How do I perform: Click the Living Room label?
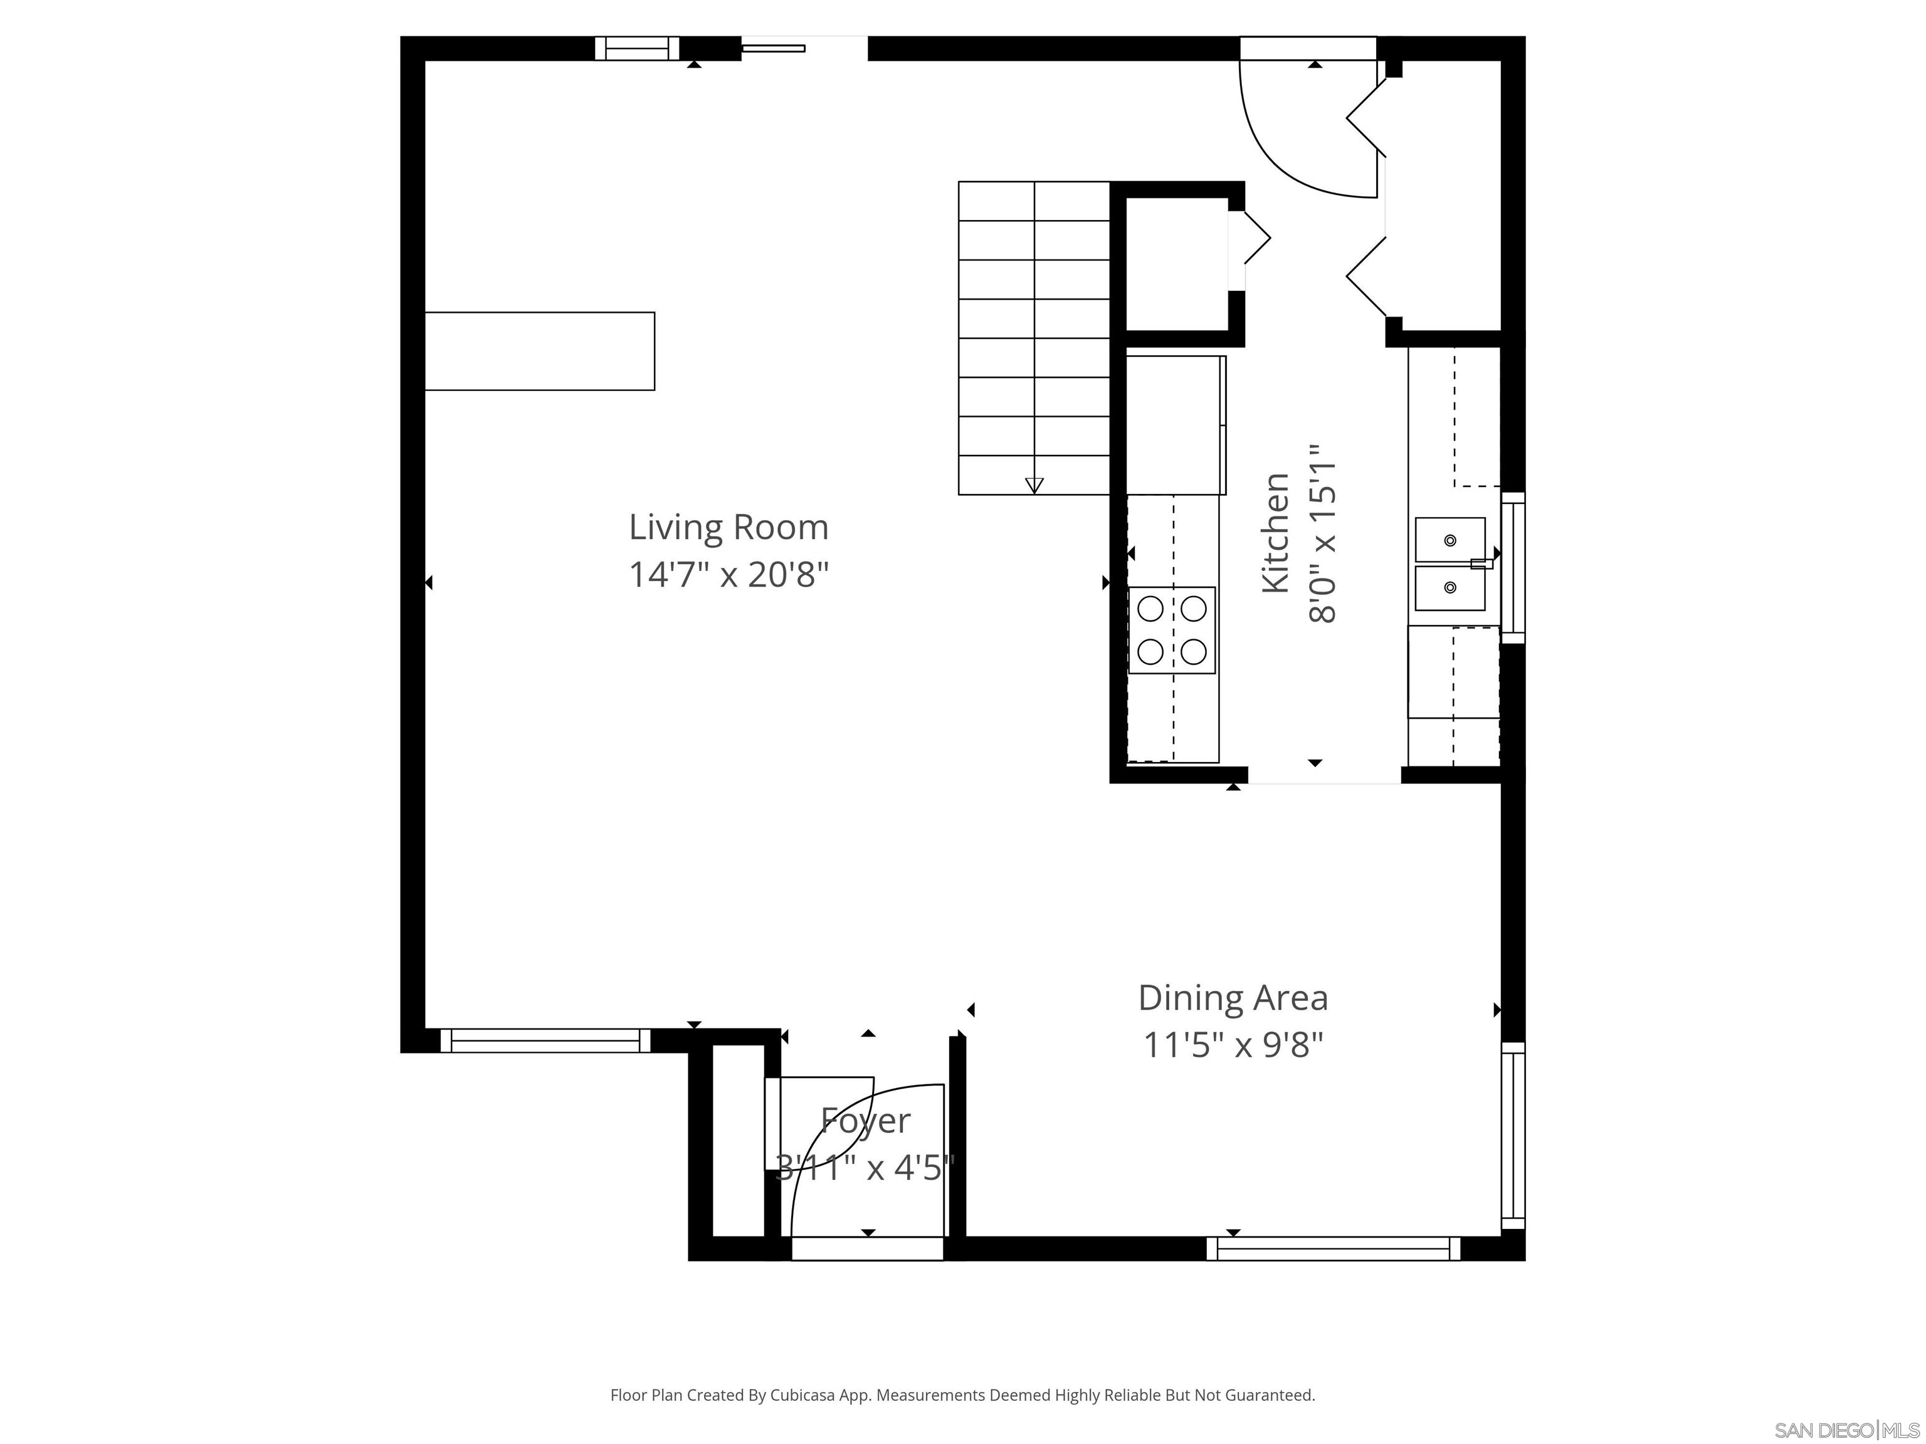[x=728, y=528]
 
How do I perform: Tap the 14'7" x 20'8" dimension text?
[x=728, y=575]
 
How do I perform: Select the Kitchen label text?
[x=1276, y=533]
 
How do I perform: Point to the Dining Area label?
[x=1233, y=998]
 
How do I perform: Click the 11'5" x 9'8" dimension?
[x=1233, y=1045]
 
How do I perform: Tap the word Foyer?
[x=865, y=1120]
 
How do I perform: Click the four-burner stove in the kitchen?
[x=1172, y=630]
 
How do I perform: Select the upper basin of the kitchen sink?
[x=1450, y=540]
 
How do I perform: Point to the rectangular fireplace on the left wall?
[x=539, y=351]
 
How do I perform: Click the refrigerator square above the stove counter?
[x=1176, y=425]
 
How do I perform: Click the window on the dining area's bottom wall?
[x=1333, y=1248]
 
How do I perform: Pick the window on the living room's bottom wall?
[x=545, y=1040]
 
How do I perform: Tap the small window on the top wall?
[x=636, y=49]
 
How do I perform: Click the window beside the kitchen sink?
[x=1513, y=567]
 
